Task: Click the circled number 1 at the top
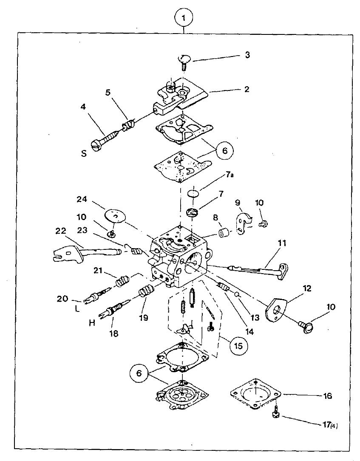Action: pyautogui.click(x=184, y=18)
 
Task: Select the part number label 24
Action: pyautogui.click(x=82, y=199)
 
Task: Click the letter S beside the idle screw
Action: pyautogui.click(x=84, y=153)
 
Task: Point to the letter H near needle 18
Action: pyautogui.click(x=92, y=323)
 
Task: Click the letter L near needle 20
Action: pyautogui.click(x=77, y=309)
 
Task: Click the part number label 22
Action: pyautogui.click(x=61, y=232)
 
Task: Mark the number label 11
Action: pyautogui.click(x=282, y=243)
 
